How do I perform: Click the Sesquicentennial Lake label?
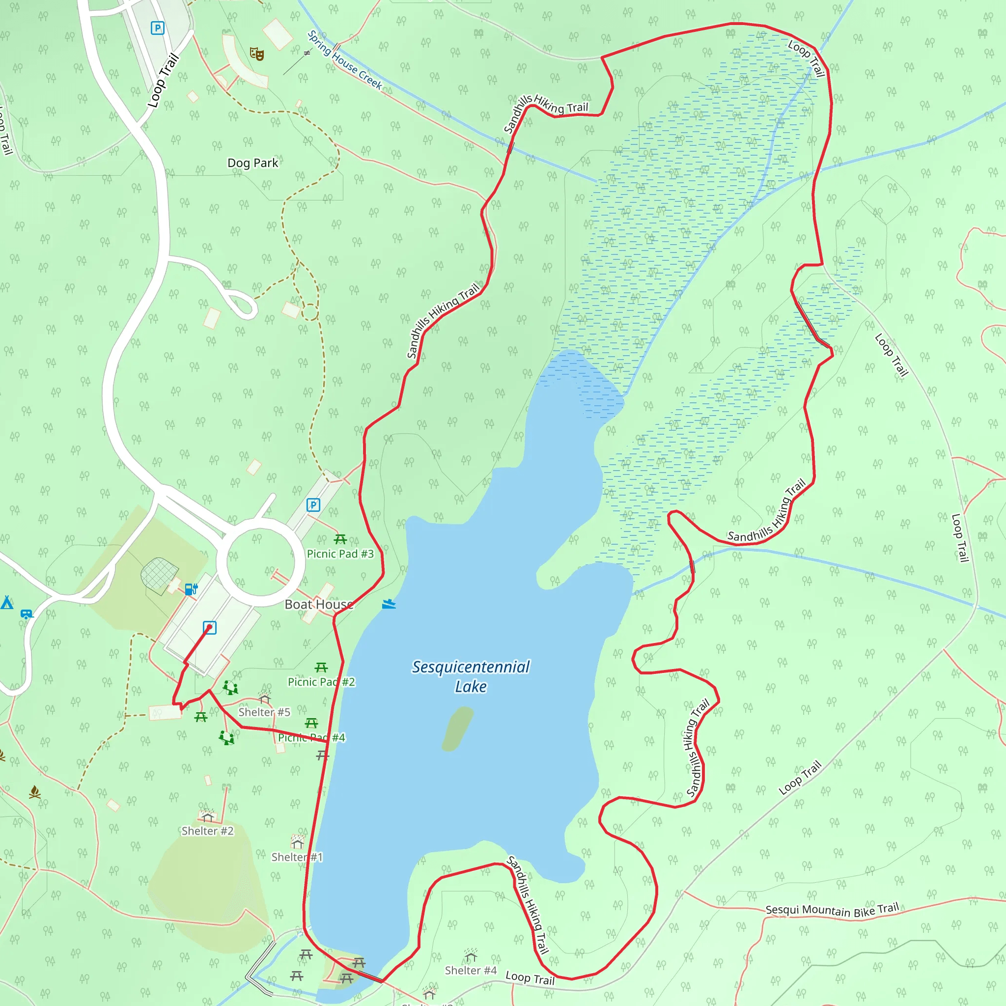471,676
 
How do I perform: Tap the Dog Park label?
252,163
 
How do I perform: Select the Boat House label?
319,604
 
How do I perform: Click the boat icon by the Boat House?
389,604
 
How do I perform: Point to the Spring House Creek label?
345,60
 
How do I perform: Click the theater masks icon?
257,54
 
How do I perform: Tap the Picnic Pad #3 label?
340,554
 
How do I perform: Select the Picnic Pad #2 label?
321,682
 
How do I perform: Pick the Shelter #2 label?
207,831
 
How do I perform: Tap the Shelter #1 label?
297,857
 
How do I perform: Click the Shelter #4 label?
471,970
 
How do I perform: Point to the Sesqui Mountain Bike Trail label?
832,910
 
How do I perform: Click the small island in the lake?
457,728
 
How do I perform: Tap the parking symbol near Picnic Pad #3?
313,504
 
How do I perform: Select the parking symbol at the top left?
157,28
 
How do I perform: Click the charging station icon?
191,589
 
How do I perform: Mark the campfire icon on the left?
35,792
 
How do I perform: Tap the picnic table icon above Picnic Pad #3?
340,539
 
